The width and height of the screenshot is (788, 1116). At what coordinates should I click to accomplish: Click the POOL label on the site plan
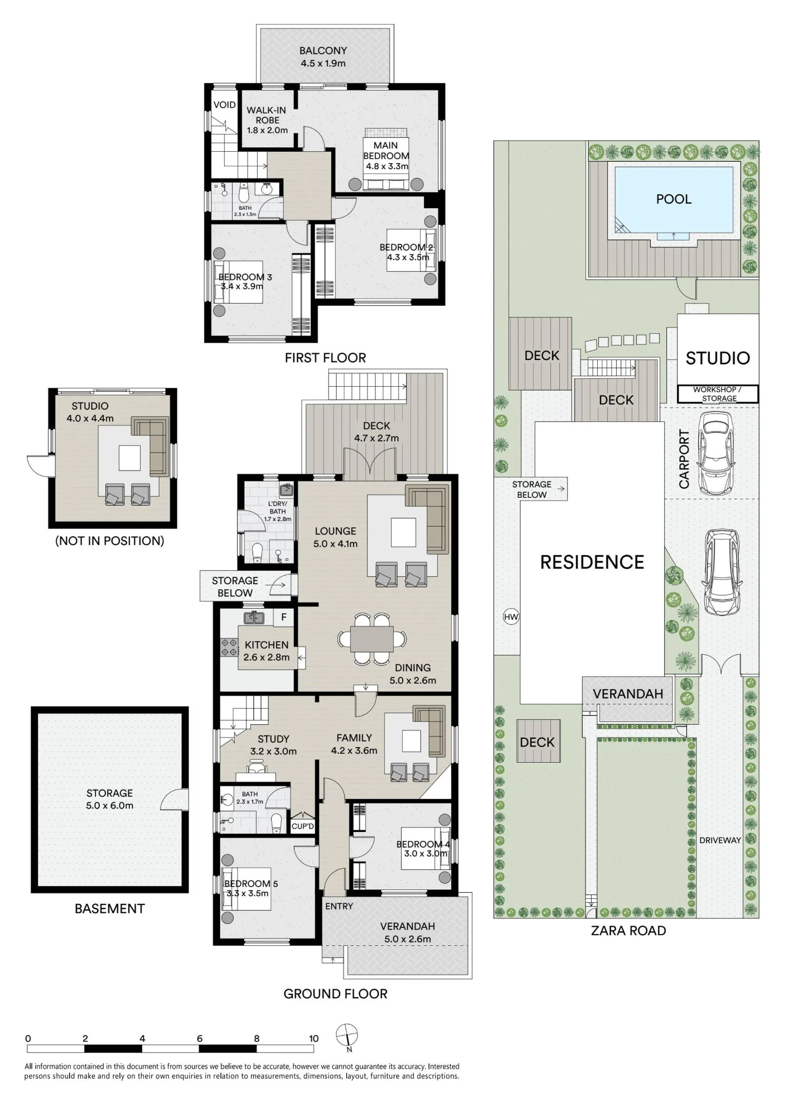click(674, 199)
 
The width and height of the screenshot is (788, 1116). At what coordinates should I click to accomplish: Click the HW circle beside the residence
click(511, 617)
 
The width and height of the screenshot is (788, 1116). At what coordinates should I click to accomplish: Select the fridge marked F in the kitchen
click(284, 617)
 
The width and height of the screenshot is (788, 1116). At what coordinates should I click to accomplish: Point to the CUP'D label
click(303, 826)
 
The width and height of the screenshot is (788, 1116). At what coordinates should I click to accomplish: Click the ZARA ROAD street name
click(629, 931)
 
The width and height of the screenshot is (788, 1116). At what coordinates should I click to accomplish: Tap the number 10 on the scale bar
click(314, 1038)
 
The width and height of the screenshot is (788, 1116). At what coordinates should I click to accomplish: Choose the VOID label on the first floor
click(225, 105)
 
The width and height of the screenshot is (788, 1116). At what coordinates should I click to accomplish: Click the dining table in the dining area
click(371, 639)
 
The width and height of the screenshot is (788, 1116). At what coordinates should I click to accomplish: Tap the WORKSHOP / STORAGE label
click(718, 394)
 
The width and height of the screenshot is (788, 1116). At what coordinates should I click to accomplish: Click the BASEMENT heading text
click(110, 908)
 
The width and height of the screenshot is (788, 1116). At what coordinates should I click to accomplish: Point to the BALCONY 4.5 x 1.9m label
click(323, 56)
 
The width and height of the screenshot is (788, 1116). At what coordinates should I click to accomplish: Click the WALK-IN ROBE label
click(267, 120)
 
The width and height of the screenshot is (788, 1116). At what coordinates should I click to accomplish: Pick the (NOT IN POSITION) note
click(110, 541)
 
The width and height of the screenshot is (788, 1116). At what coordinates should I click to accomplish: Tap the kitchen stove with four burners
click(229, 647)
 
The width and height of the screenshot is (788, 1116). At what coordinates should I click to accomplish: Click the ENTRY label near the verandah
click(339, 906)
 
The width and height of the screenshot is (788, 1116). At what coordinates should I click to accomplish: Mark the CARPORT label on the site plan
click(684, 459)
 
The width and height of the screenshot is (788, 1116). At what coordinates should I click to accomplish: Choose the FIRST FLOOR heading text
click(325, 358)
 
